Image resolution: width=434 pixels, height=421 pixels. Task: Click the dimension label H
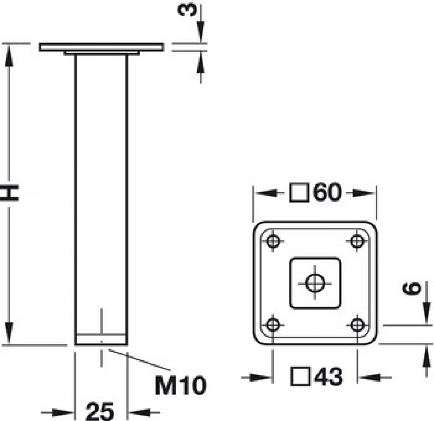(x=10, y=194)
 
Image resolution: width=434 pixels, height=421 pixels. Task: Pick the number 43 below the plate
(x=327, y=377)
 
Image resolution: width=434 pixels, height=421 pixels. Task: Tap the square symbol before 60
(x=300, y=193)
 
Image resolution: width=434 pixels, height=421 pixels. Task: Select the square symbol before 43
(x=300, y=377)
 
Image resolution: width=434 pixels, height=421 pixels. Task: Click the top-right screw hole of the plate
(x=357, y=241)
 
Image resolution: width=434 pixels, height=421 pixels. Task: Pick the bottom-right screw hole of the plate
(x=357, y=325)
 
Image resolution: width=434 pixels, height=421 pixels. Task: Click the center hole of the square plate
(x=315, y=283)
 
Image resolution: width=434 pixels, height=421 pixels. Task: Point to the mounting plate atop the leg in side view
(x=101, y=47)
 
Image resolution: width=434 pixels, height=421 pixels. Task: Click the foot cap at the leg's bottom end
(x=101, y=339)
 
